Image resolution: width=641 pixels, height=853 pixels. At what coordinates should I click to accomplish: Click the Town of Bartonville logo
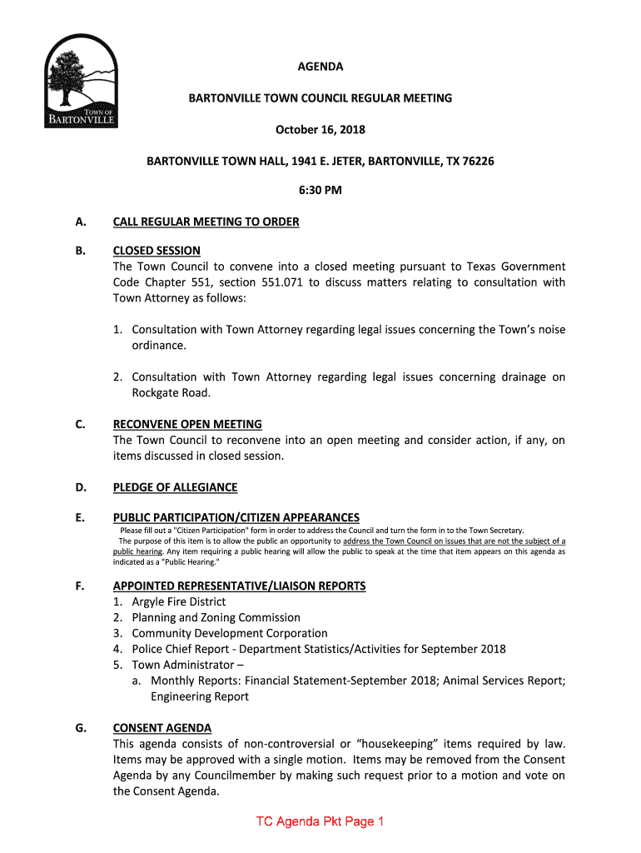click(x=81, y=82)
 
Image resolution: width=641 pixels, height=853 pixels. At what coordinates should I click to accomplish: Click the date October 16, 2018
click(x=320, y=130)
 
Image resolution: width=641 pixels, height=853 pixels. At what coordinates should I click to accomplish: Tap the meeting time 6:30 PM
click(x=320, y=190)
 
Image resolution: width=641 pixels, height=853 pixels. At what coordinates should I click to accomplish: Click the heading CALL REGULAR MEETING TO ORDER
click(x=206, y=222)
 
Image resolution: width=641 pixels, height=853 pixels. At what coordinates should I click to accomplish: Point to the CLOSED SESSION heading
click(x=157, y=251)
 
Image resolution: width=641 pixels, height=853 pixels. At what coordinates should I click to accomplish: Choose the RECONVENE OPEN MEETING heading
click(x=187, y=424)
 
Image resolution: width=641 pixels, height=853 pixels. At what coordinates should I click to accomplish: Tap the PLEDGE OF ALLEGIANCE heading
click(x=175, y=487)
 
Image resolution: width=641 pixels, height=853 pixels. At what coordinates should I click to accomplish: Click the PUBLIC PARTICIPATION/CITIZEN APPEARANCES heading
click(x=236, y=517)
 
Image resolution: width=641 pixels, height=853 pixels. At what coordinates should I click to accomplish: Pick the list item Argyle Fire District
click(x=178, y=601)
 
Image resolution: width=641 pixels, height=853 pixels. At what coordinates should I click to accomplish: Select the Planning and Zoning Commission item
click(x=216, y=617)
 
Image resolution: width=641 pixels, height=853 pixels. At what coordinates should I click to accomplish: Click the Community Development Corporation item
click(x=229, y=633)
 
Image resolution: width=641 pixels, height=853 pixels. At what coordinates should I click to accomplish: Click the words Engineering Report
click(x=199, y=696)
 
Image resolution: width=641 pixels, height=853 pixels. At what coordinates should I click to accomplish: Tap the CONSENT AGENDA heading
click(x=162, y=727)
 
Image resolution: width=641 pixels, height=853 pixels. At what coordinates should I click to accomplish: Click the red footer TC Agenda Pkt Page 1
click(x=320, y=822)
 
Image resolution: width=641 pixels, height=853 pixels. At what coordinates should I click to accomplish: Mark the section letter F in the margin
click(x=80, y=586)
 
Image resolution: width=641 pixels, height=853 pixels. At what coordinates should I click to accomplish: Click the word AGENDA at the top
click(x=320, y=67)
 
